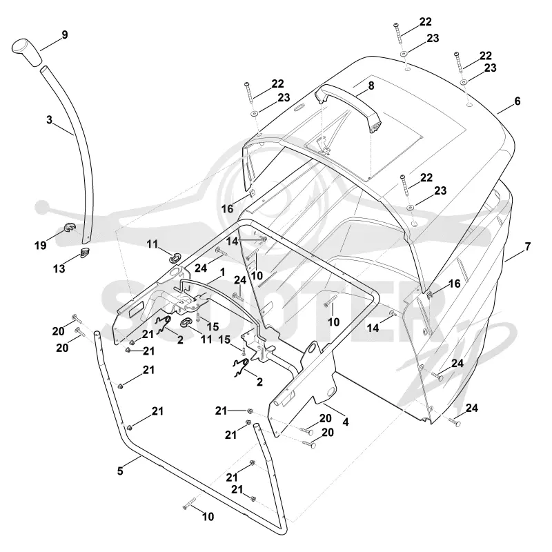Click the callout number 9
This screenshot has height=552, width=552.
[64, 35]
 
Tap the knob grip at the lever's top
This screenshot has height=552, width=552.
[27, 52]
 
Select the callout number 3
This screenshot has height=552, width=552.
[49, 119]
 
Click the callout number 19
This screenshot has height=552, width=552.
[41, 246]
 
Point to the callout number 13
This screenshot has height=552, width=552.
[59, 269]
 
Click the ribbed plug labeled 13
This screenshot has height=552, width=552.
[85, 252]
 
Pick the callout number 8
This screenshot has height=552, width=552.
[371, 86]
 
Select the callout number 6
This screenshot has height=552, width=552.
[517, 101]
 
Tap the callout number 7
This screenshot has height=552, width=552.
[527, 246]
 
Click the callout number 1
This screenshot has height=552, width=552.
[222, 273]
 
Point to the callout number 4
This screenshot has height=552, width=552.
[346, 422]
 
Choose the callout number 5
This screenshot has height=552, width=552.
[120, 471]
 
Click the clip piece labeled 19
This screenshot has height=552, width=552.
[69, 228]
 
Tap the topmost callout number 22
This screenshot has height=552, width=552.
[425, 22]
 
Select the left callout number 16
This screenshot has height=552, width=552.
[227, 209]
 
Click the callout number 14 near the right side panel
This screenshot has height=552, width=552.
[373, 328]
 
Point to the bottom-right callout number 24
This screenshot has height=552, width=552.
[472, 408]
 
